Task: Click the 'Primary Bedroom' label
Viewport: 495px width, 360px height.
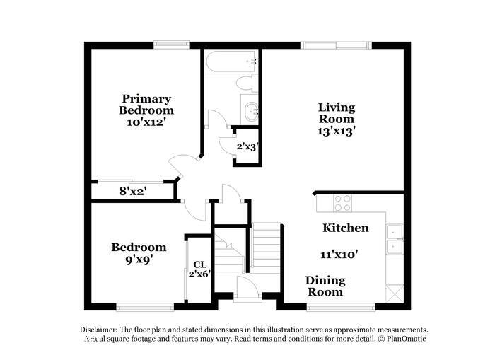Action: (x=146, y=105)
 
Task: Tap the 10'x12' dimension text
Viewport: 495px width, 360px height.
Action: (x=146, y=122)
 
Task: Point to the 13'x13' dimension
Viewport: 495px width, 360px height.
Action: (x=336, y=130)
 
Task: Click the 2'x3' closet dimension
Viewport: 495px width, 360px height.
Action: (x=247, y=147)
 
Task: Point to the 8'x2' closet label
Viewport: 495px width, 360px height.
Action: (x=133, y=190)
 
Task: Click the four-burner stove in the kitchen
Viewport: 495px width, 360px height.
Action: (x=343, y=202)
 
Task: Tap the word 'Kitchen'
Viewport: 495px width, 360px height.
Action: (x=346, y=228)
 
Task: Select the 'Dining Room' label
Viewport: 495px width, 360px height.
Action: (x=325, y=286)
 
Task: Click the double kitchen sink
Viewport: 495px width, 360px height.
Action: (x=394, y=239)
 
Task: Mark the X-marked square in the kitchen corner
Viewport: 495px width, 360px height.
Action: (x=394, y=291)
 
